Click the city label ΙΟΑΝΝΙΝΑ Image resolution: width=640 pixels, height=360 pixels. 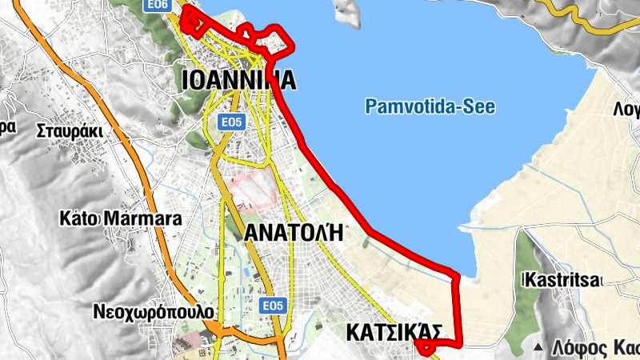239,80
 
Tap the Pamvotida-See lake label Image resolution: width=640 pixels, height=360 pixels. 430,106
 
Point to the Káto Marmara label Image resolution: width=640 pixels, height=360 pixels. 122,218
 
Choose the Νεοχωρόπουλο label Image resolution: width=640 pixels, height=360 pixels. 153,310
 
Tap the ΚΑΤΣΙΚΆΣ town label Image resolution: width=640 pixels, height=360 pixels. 394,331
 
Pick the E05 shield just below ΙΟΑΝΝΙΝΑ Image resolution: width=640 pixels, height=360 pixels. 232,122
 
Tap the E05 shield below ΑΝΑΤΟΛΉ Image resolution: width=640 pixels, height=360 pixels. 274,306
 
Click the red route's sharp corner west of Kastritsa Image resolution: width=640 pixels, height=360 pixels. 457,277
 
